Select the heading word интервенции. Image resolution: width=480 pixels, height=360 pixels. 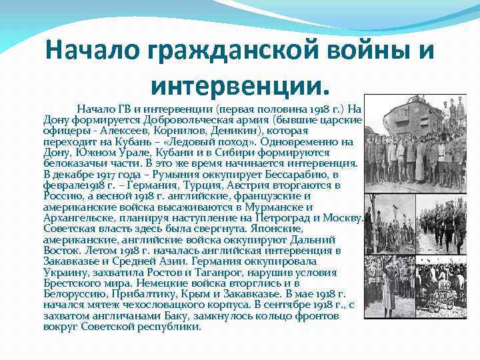239,85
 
